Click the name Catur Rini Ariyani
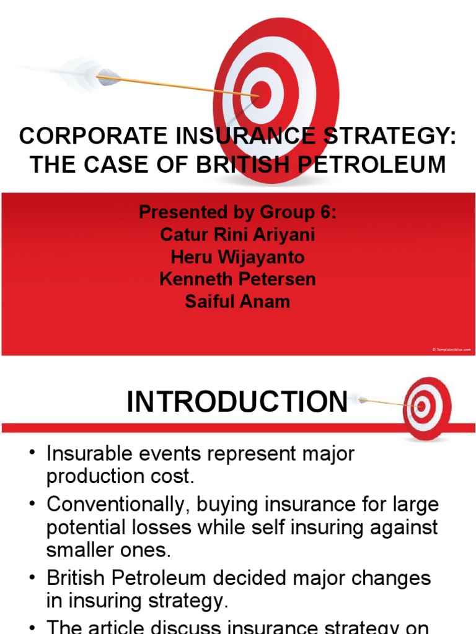tap(237, 235)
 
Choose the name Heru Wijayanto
tap(237, 257)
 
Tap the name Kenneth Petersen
tap(237, 279)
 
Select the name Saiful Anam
tap(237, 302)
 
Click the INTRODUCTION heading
tap(237, 402)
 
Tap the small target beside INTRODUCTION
tap(426, 408)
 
